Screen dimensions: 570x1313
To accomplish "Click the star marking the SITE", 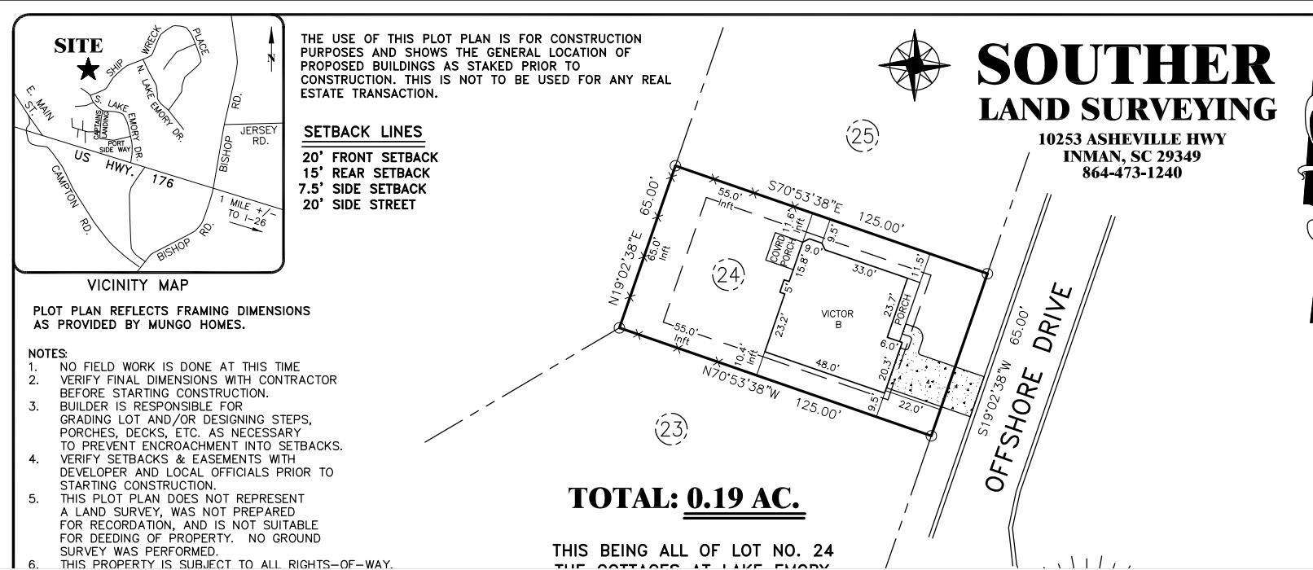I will click(87, 70).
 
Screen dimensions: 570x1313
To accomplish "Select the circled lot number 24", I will click(728, 275).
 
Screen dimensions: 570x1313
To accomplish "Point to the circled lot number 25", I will click(863, 136).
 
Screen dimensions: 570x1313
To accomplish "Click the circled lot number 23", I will click(671, 427).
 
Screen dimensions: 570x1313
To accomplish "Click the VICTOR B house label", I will click(837, 319).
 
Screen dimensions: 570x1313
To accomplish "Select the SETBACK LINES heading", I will click(362, 132).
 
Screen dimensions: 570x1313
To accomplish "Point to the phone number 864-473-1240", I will click(1131, 173).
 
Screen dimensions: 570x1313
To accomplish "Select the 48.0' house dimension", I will click(828, 366).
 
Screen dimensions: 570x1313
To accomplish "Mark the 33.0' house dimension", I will click(863, 270).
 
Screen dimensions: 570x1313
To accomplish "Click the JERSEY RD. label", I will click(258, 136).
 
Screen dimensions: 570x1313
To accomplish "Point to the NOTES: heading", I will click(47, 354).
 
